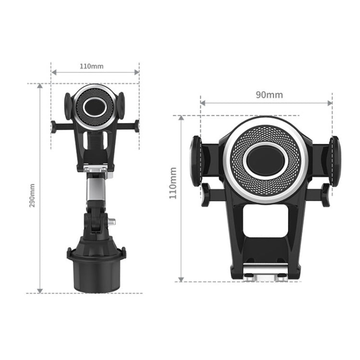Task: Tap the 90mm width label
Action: click(x=269, y=95)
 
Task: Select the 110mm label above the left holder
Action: click(x=91, y=66)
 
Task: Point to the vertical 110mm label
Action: click(x=173, y=183)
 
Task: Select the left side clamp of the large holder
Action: click(x=196, y=161)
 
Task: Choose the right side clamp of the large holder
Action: click(x=334, y=161)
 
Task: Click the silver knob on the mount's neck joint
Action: click(x=112, y=222)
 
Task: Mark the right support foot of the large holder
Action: click(x=325, y=194)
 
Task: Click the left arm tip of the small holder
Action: click(x=53, y=127)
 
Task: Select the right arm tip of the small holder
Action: click(x=137, y=126)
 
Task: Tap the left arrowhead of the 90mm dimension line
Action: click(x=203, y=103)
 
